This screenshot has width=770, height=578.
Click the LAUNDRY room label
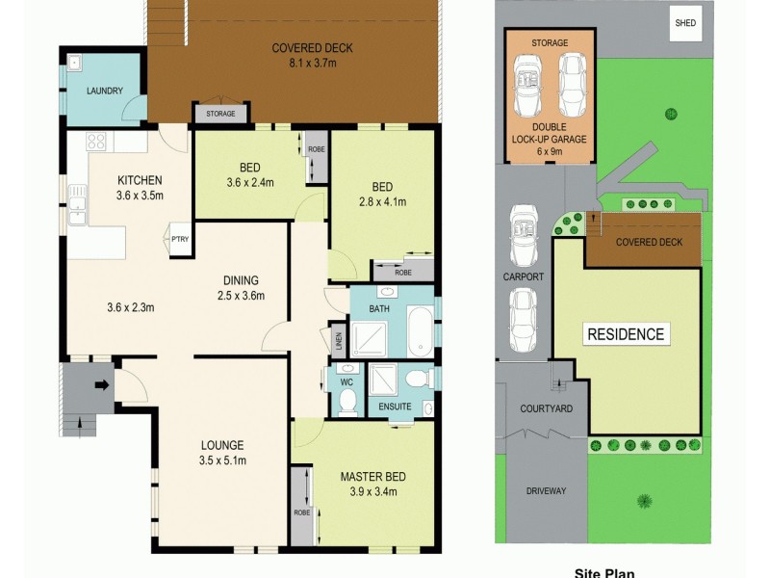coord(103,92)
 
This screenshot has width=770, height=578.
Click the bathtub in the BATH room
coord(422,331)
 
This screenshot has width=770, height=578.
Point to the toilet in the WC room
coord(348,399)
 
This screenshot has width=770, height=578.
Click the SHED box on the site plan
coord(686,24)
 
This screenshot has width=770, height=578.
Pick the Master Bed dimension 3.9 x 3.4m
coord(372,492)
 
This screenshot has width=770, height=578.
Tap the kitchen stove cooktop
coord(96,143)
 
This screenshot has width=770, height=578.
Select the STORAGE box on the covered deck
coord(213,114)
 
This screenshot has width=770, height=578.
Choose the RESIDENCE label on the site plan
coord(626,334)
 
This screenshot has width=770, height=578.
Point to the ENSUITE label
coord(395,407)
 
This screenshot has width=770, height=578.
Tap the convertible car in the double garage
coord(528,76)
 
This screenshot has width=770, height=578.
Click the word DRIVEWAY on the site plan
coord(546,490)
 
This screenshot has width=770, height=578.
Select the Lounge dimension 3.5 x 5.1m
coord(222,460)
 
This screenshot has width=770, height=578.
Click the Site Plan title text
coord(603,571)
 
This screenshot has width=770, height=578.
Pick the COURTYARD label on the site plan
coord(546,408)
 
